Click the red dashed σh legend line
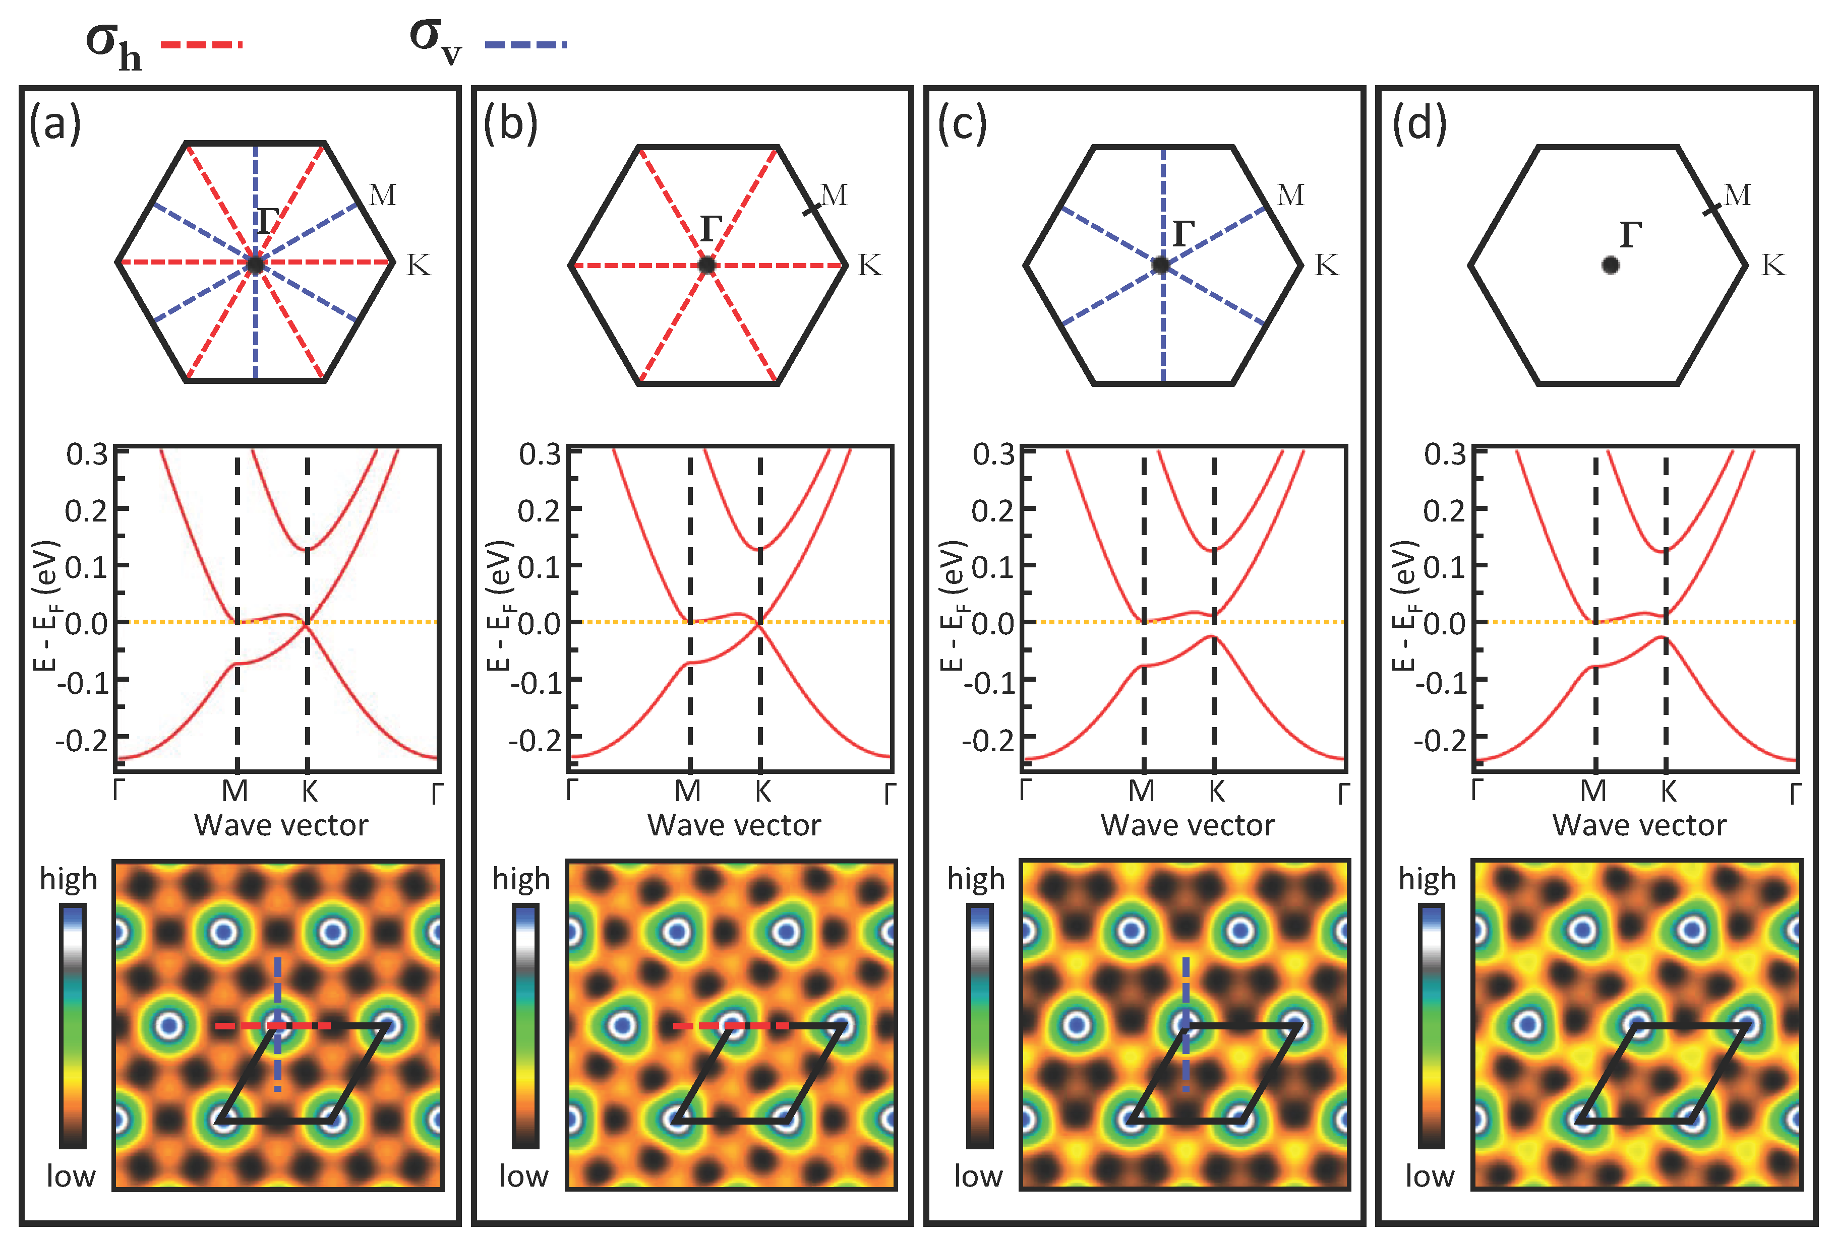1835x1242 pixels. coord(201,45)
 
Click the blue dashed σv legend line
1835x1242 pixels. coord(525,45)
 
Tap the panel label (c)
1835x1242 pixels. coord(962,124)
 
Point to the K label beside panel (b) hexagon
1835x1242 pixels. coord(869,265)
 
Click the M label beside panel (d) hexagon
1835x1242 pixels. coord(1737,195)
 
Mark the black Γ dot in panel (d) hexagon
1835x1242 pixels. coord(1611,265)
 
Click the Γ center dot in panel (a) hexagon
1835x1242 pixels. coord(254,265)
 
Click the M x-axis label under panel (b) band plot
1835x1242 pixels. coord(688,791)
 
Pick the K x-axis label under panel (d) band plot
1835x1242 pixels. coord(1668,791)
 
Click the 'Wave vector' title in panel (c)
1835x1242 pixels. coord(1188,825)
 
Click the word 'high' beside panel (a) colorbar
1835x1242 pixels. coord(69,879)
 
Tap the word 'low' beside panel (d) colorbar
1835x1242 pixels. coord(1429,1175)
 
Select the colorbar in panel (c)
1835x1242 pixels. coord(980,1026)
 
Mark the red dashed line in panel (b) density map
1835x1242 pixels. coord(730,1026)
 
